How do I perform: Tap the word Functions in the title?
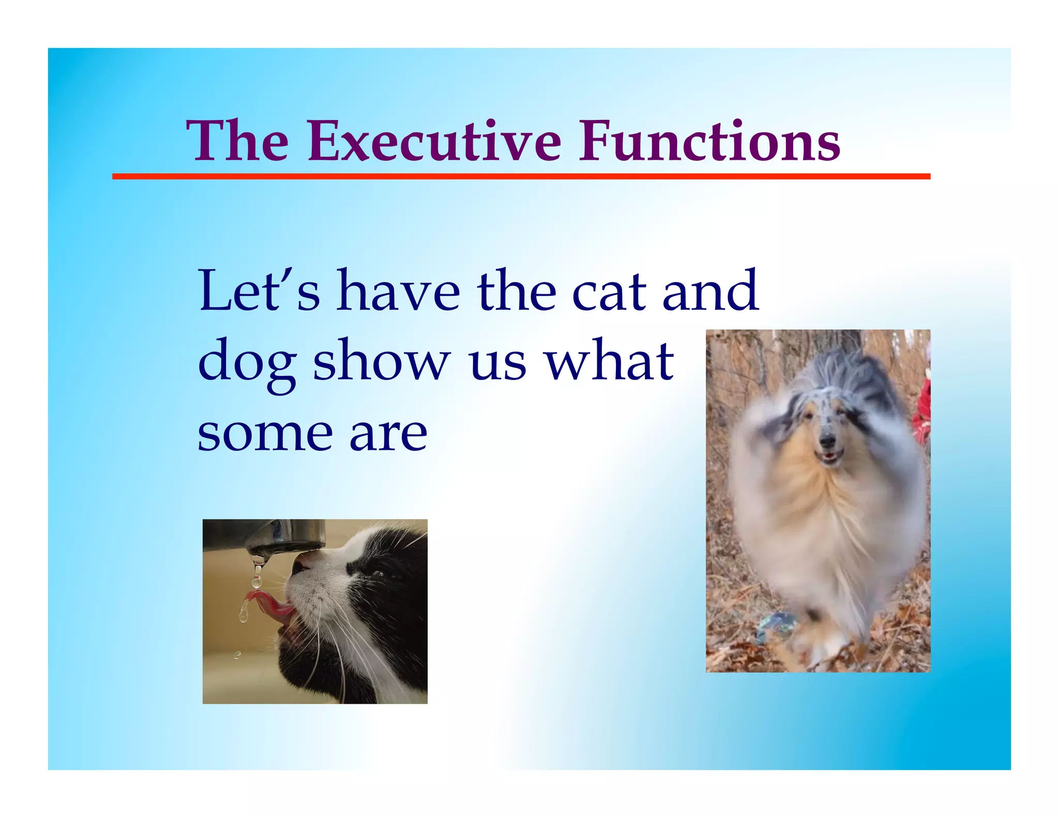pos(709,141)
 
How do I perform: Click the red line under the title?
pos(521,177)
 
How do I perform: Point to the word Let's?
pos(259,291)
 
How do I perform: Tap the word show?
pos(381,360)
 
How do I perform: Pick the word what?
pos(610,360)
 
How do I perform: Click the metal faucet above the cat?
pos(279,538)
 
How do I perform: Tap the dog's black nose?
pos(827,441)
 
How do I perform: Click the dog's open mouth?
pos(829,457)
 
